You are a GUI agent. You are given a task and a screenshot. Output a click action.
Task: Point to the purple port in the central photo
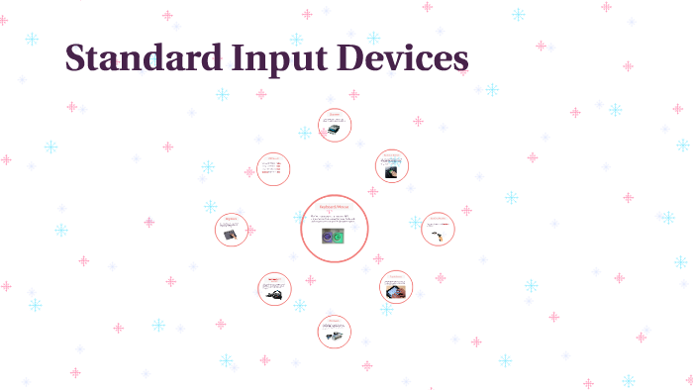pos(328,239)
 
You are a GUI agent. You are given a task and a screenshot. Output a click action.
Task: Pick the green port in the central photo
pos(340,239)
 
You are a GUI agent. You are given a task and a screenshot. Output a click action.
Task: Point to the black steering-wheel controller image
pos(274,292)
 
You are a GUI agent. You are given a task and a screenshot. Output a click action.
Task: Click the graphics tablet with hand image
pos(230,237)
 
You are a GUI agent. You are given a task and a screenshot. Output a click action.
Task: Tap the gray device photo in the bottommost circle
pos(336,335)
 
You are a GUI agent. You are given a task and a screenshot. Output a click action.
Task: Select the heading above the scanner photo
pos(334,115)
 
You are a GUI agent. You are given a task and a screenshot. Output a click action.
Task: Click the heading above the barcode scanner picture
pos(437,218)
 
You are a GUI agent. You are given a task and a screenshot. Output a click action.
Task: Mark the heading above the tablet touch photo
pos(395,276)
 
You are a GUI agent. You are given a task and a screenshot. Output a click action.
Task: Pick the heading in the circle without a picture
pos(273,157)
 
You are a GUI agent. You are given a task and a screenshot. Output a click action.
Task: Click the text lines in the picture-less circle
pos(272,169)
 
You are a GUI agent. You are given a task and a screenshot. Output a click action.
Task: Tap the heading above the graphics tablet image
pos(232,219)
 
